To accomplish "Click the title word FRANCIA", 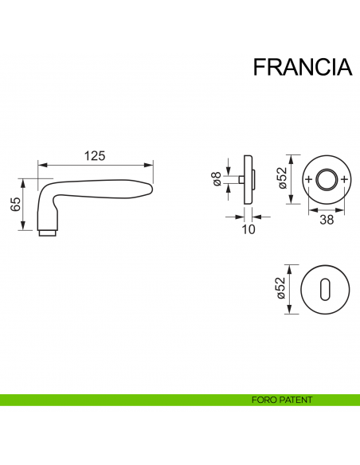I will [302, 68].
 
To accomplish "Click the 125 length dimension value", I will [95, 156].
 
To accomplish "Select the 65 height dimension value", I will [14, 204].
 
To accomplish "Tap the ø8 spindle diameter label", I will [217, 180].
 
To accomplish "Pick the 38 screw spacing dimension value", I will [327, 221].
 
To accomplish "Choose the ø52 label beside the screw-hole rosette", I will [280, 180].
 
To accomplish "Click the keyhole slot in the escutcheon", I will [327, 291].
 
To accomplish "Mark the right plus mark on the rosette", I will [344, 179].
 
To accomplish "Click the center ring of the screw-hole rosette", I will [327, 179].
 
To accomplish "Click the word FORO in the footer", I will [260, 401].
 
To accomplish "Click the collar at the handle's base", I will [48, 232].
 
